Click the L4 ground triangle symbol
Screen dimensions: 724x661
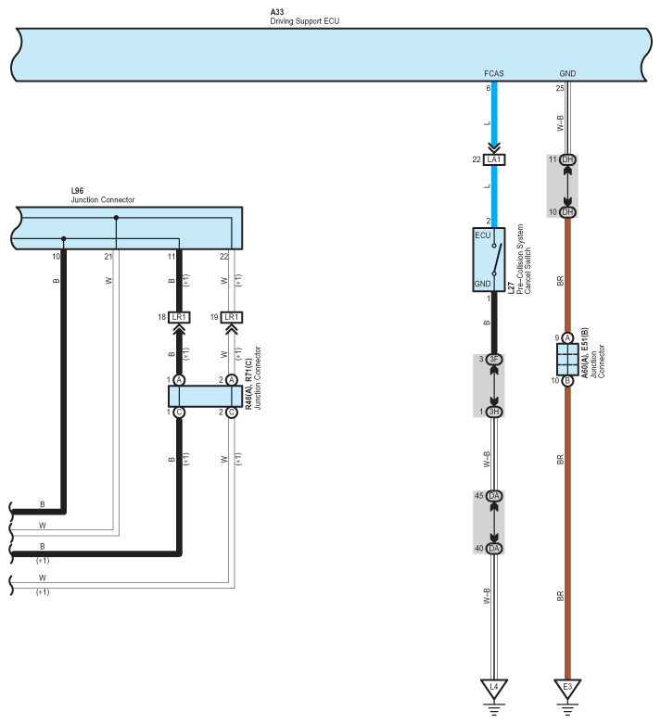point(494,689)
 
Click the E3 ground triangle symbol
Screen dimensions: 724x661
point(567,689)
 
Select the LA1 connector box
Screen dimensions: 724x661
point(494,160)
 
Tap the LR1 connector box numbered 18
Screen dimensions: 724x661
point(180,318)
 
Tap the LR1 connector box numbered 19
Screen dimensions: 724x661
point(232,318)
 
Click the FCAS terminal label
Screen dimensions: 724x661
point(493,72)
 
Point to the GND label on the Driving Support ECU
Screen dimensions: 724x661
point(567,72)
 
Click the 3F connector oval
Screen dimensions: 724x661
point(494,360)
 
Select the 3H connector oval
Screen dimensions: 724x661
point(494,411)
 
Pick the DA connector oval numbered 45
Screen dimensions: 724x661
point(494,496)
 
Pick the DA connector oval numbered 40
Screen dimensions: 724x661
point(494,549)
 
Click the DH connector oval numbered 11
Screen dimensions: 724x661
point(567,160)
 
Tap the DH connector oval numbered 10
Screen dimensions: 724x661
point(567,212)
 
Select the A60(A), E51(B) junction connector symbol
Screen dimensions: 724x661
point(567,359)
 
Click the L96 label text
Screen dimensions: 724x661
point(79,191)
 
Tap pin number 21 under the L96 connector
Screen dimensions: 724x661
point(108,256)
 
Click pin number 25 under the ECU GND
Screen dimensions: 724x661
point(560,89)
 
